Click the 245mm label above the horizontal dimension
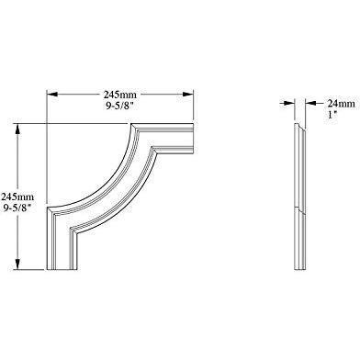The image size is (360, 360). pos(119,95)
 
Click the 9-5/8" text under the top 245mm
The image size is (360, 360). pos(119,106)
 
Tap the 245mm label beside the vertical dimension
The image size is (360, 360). pos(17,197)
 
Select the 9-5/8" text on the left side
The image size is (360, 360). pos(17,208)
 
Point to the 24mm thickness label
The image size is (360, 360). pos(342,104)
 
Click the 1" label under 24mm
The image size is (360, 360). pos(332,116)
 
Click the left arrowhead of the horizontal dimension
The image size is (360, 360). pos(51,95)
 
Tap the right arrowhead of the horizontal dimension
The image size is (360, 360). pos(187,95)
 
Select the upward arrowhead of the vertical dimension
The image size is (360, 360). pos(17,129)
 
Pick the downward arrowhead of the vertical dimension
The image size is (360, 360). pos(17,264)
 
